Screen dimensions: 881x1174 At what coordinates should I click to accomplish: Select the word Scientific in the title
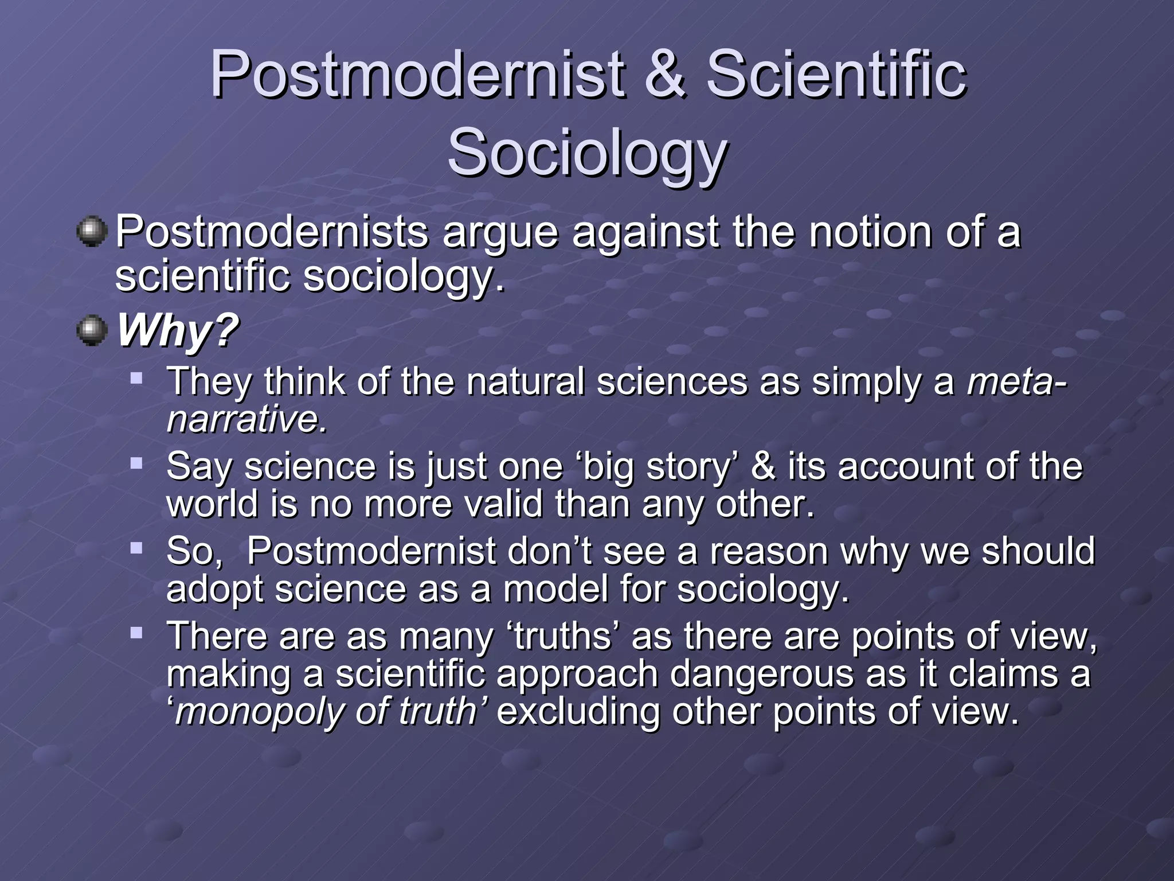[836, 75]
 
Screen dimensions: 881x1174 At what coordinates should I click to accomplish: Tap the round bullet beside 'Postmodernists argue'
[92, 232]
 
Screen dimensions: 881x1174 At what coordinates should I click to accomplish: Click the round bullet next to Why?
[92, 331]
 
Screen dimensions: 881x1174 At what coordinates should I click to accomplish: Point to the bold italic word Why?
[177, 331]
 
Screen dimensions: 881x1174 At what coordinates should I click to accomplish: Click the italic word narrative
[246, 419]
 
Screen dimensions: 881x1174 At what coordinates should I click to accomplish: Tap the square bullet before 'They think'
[136, 379]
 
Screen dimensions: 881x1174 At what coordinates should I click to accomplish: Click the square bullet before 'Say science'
[136, 463]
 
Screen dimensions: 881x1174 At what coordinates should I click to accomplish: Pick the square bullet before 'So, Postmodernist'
[136, 548]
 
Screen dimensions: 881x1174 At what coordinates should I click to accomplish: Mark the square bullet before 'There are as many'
[136, 633]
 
